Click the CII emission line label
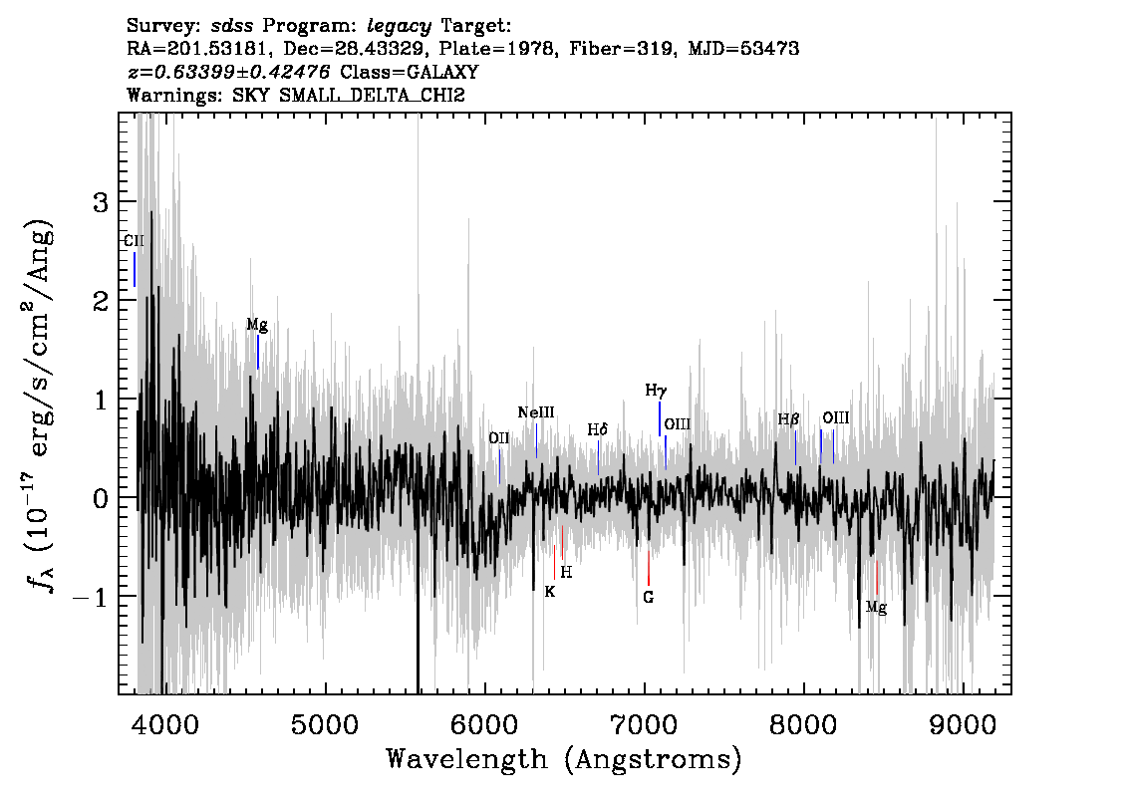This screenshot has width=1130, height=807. tap(135, 241)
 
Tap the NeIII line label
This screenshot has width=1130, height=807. tap(536, 412)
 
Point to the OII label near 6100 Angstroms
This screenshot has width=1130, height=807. tap(498, 438)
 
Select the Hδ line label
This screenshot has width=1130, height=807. tap(598, 430)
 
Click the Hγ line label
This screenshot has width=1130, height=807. tap(656, 391)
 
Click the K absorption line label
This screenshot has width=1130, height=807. tap(550, 592)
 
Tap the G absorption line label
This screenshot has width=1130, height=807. tap(648, 598)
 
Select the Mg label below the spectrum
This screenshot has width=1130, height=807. tap(876, 608)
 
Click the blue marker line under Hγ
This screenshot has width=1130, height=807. tap(660, 418)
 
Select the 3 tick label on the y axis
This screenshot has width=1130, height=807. tap(101, 202)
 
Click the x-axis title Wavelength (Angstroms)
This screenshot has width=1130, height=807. tap(564, 759)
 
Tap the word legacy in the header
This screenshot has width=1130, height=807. tap(400, 27)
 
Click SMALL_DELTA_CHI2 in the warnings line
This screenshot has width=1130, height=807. tap(372, 95)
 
